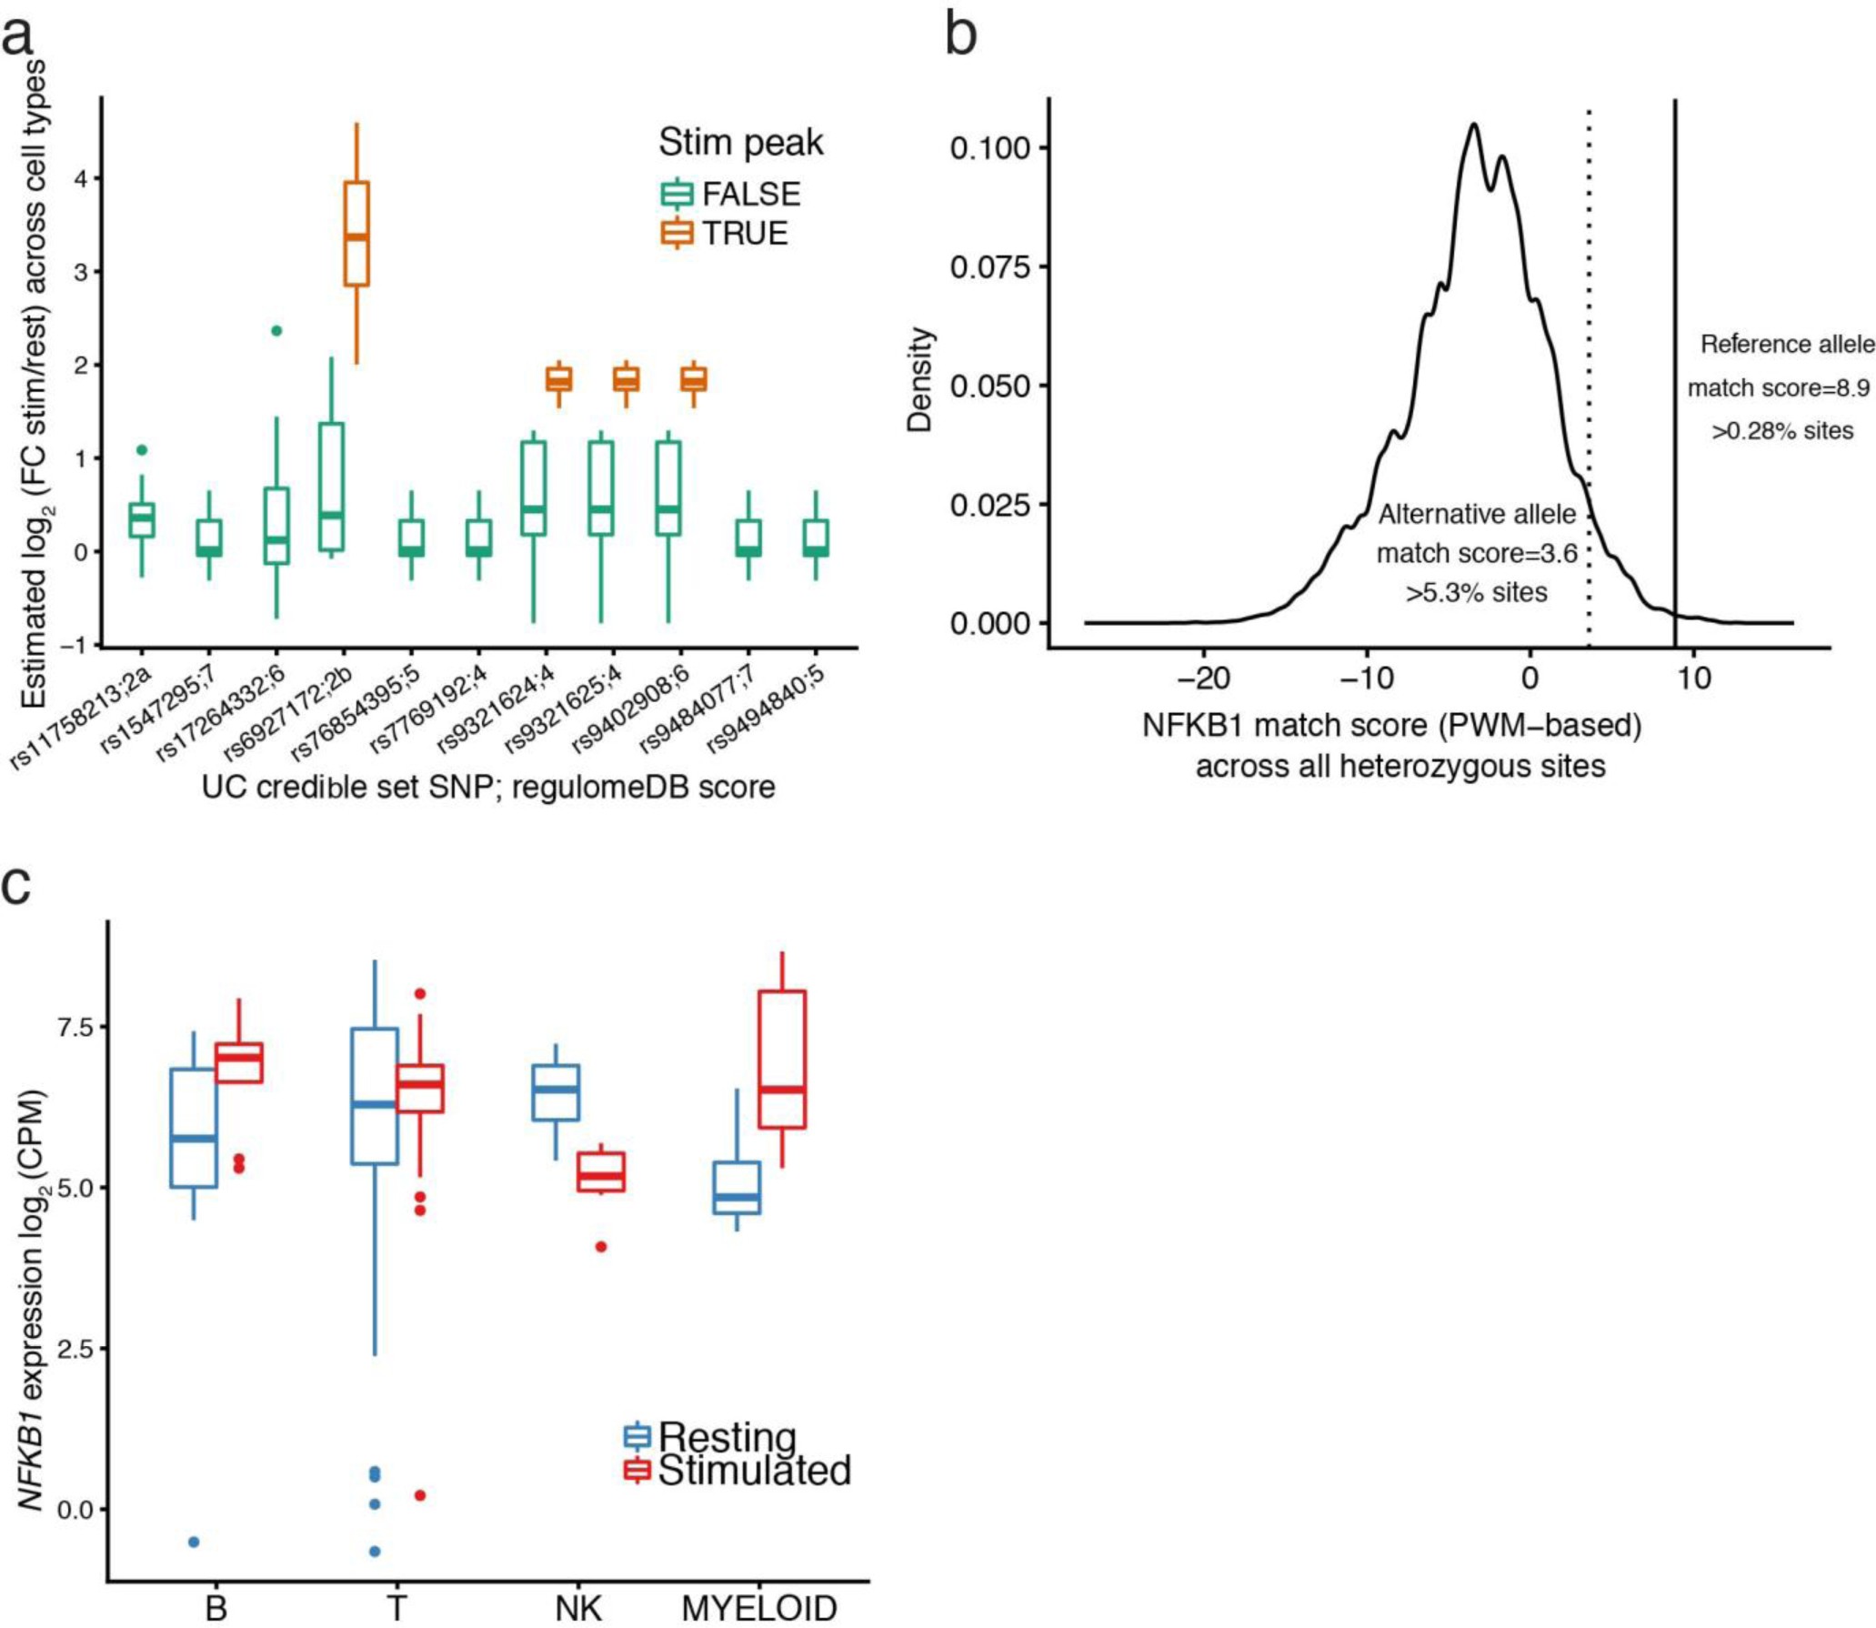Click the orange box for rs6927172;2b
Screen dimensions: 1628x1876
pyautogui.click(x=356, y=234)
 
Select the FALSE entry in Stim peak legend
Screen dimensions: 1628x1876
pyautogui.click(x=731, y=194)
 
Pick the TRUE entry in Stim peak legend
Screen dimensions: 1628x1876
pyautogui.click(x=725, y=234)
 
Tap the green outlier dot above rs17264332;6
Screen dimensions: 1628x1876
pyautogui.click(x=276, y=330)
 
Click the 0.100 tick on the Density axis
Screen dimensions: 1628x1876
pyautogui.click(x=991, y=147)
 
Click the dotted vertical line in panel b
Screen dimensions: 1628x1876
pyautogui.click(x=1589, y=364)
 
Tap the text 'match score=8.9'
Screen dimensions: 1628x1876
pyautogui.click(x=1779, y=388)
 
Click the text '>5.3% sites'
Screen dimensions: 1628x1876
pyautogui.click(x=1476, y=593)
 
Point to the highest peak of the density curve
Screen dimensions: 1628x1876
pyautogui.click(x=1473, y=125)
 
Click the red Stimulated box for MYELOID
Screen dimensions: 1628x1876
pyautogui.click(x=782, y=1060)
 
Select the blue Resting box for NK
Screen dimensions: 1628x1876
pyautogui.click(x=556, y=1092)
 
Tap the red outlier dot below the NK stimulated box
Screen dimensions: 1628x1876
pyautogui.click(x=601, y=1247)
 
